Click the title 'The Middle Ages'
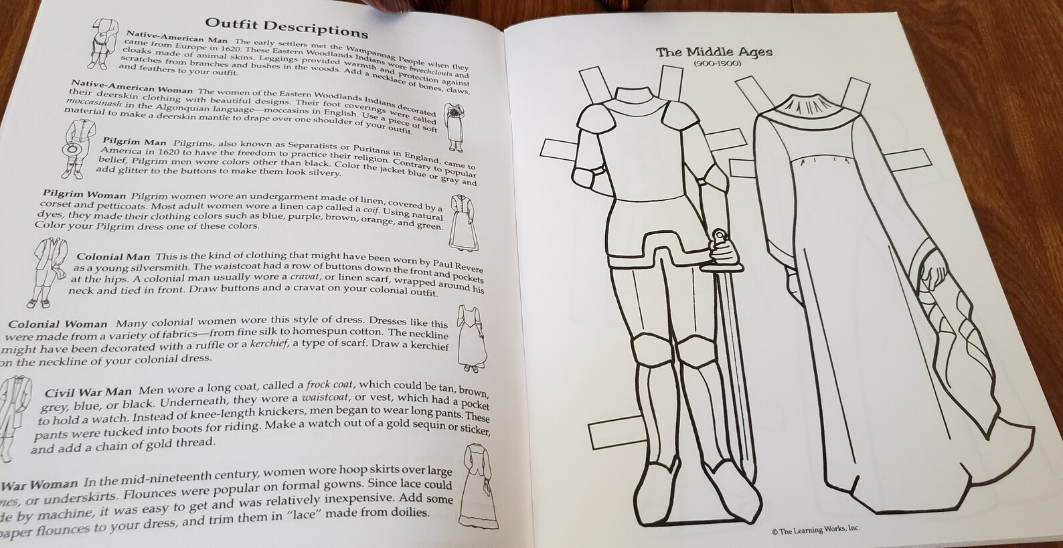click(x=714, y=52)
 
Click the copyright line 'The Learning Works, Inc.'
click(x=815, y=529)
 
